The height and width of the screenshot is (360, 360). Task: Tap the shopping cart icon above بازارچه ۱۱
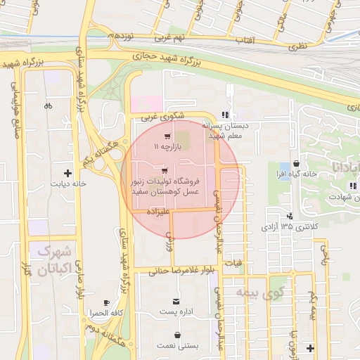coord(167,136)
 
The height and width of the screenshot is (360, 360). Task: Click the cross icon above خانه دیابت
coord(67,172)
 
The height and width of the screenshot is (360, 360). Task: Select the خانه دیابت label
coord(67,184)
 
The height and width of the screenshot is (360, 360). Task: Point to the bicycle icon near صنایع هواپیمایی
coord(48,106)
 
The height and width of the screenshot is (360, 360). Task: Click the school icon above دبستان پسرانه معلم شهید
coord(224,114)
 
